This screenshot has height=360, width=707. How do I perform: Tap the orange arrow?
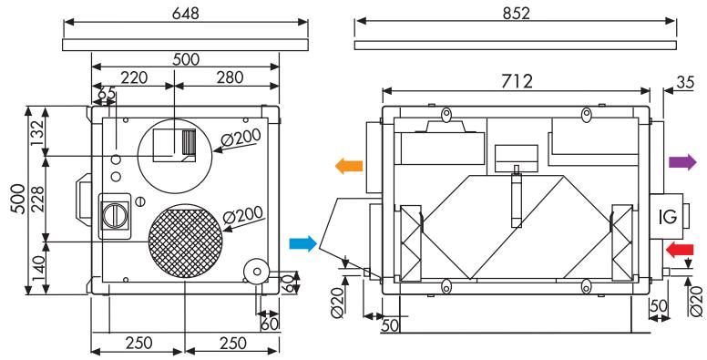point(348,166)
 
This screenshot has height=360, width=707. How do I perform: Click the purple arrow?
point(681,162)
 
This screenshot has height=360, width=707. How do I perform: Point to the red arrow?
point(680,249)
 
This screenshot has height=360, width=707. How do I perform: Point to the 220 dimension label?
point(134,79)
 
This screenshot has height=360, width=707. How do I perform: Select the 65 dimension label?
point(106,93)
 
